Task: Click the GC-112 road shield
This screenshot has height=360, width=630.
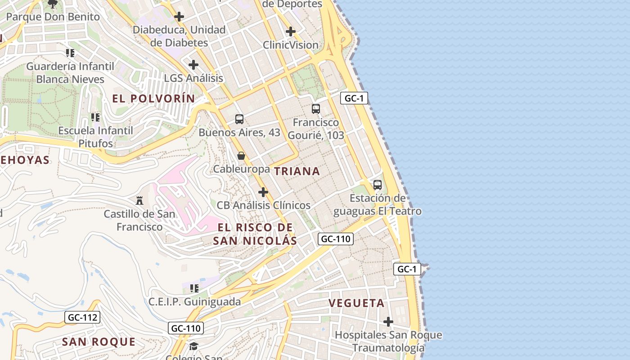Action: point(82,317)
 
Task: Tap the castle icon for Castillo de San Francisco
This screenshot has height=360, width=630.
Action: point(139,200)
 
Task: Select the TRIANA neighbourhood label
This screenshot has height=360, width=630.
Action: point(297,171)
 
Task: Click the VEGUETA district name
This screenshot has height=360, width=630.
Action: point(357,303)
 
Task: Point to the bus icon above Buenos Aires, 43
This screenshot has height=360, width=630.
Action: point(239,119)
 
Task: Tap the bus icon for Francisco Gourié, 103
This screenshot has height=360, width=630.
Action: point(316,109)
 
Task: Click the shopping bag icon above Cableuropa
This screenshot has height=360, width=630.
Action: point(241,156)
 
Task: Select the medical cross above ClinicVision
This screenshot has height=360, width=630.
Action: point(291,31)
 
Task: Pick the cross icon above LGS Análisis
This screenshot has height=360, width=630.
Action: point(193,65)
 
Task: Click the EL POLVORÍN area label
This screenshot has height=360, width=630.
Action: point(154,99)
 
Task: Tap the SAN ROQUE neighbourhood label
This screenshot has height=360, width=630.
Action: point(99,342)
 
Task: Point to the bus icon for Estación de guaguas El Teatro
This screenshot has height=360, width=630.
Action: point(378,185)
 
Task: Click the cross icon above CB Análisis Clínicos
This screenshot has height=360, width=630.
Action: point(263,192)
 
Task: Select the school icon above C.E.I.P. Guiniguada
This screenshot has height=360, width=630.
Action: point(194,288)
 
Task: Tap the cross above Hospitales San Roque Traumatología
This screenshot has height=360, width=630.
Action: point(388,322)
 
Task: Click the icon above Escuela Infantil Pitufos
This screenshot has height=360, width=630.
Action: point(95,117)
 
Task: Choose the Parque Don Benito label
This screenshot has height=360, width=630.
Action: point(53,17)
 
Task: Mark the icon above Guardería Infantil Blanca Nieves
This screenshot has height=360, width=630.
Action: point(70,53)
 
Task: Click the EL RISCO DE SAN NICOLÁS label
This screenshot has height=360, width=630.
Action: point(255,234)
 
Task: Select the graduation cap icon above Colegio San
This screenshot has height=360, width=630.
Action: point(193,346)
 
